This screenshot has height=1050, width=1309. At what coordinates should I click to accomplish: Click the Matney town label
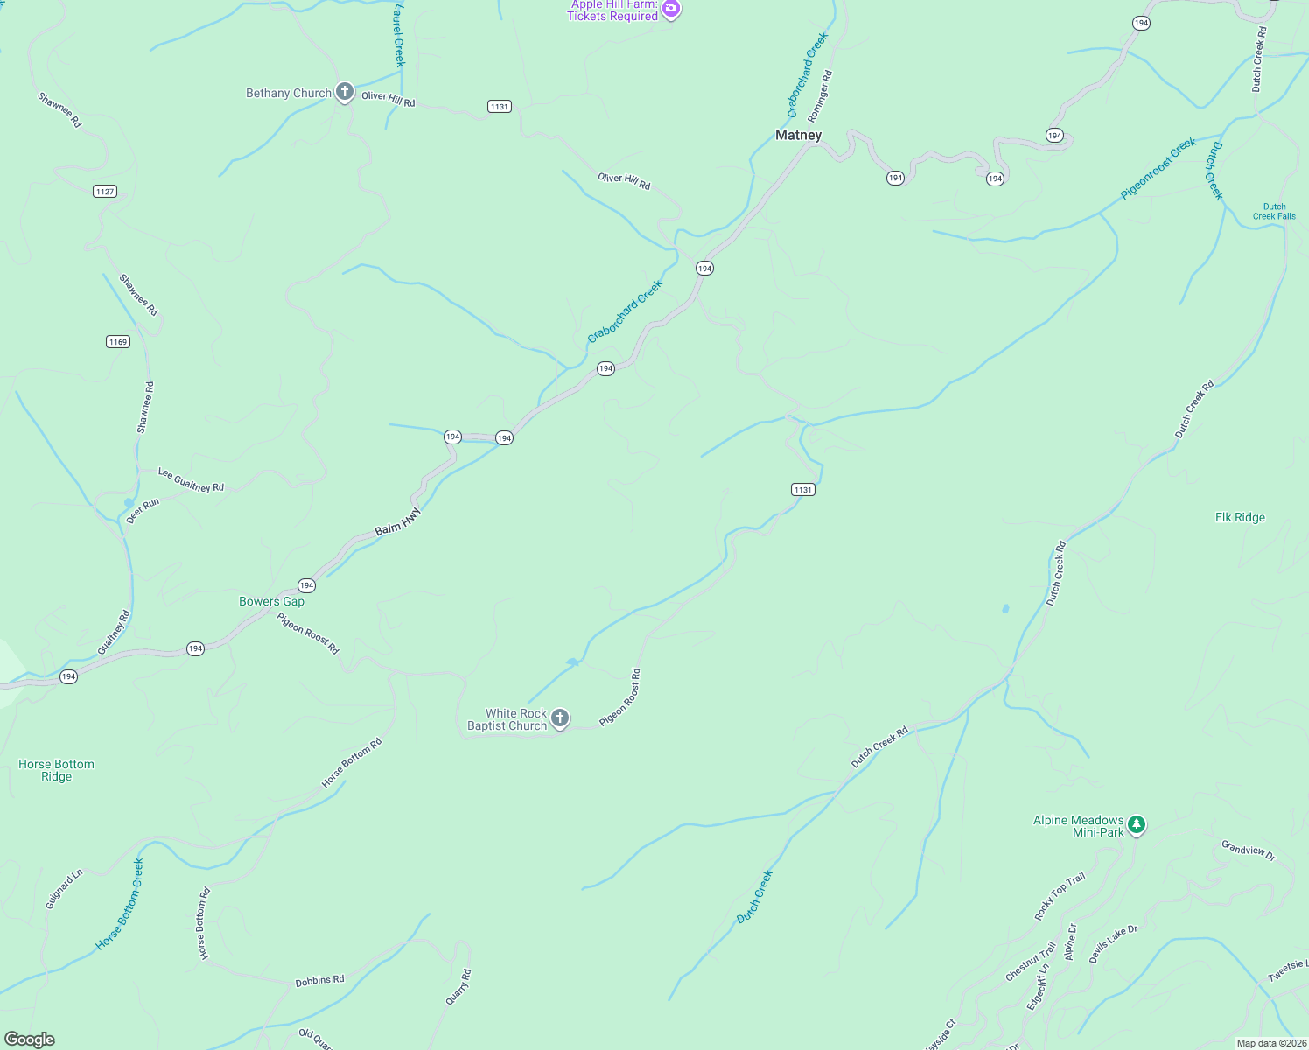[x=798, y=135]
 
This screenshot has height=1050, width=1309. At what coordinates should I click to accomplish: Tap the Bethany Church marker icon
[x=345, y=92]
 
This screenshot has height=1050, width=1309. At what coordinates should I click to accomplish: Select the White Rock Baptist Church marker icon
[x=560, y=718]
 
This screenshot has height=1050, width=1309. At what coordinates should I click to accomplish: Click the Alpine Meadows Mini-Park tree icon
[x=1136, y=824]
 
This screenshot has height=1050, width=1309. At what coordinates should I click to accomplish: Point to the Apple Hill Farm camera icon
[x=671, y=10]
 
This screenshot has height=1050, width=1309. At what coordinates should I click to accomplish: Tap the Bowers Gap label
[x=272, y=601]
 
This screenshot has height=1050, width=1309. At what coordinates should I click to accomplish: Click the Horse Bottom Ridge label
[x=56, y=770]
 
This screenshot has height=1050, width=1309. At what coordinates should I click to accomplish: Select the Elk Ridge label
[x=1240, y=517]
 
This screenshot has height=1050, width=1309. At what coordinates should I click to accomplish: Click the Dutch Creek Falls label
[x=1274, y=212]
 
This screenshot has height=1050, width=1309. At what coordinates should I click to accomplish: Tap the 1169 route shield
[x=118, y=341]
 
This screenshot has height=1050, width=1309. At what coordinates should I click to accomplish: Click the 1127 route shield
[x=105, y=191]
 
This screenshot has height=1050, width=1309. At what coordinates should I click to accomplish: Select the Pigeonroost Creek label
[x=1158, y=168]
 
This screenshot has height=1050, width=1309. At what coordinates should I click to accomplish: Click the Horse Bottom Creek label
[x=120, y=904]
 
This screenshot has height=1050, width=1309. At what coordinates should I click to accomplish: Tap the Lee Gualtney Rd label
[x=191, y=479]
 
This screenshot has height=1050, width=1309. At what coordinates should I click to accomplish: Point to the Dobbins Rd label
[x=319, y=981]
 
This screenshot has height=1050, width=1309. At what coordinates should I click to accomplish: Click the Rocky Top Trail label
[x=1060, y=896]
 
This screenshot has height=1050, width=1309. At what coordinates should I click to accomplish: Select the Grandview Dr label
[x=1249, y=850]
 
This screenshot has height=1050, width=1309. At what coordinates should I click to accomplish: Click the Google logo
[x=30, y=1039]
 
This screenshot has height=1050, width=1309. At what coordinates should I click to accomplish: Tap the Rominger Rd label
[x=820, y=96]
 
